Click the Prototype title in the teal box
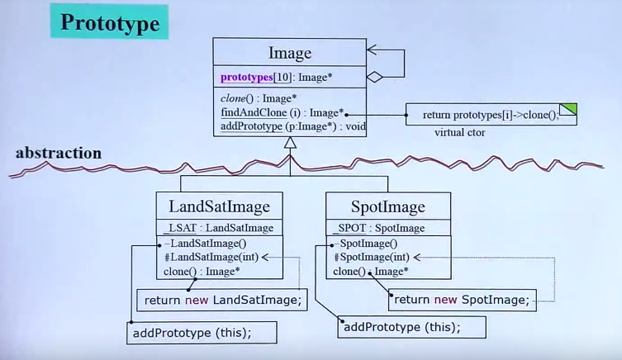[109, 22]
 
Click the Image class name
[290, 54]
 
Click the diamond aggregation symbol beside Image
[375, 77]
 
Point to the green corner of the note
[568, 109]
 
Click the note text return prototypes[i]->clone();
[490, 115]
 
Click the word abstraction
[58, 153]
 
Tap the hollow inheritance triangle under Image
[289, 143]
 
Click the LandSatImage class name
[219, 206]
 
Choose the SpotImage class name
[387, 206]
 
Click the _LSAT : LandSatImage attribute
[219, 228]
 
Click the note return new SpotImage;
[460, 300]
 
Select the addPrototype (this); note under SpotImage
[401, 327]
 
